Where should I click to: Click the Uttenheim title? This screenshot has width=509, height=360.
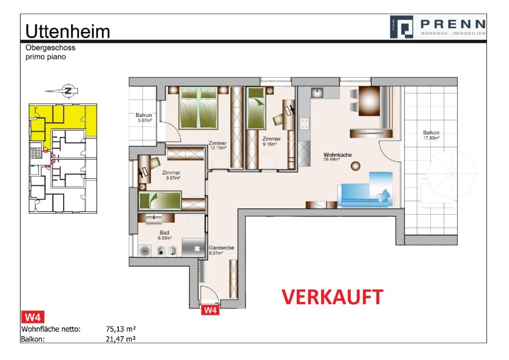68,31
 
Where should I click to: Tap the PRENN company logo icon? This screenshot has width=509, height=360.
402,27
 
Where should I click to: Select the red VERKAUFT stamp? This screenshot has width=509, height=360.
332,297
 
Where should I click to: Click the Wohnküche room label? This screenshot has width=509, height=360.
338,155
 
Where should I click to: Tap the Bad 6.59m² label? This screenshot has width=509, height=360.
165,235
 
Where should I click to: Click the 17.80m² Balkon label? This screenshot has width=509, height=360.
431,135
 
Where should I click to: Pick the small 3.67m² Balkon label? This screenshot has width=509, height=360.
144,117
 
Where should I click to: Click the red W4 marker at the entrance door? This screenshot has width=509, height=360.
210,310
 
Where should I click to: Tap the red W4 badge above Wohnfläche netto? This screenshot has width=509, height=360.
32,317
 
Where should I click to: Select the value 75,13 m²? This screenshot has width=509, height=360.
121,329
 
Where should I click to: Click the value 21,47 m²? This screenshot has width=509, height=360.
121,339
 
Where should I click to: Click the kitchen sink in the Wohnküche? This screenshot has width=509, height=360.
317,92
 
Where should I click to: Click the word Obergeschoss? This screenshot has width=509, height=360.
50,48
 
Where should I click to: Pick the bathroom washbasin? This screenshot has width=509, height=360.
154,219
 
